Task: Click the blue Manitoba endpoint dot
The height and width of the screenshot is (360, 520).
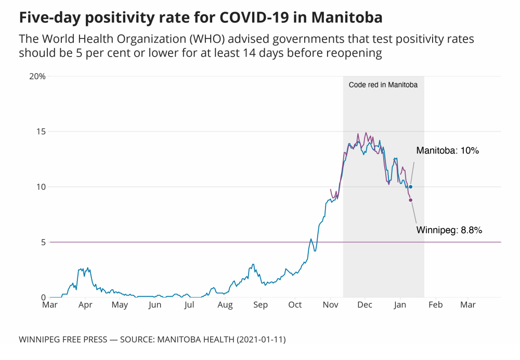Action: pyautogui.click(x=411, y=187)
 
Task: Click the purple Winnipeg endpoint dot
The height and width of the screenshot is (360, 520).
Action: pyautogui.click(x=411, y=200)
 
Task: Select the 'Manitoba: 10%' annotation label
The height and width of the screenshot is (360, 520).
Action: pyautogui.click(x=447, y=151)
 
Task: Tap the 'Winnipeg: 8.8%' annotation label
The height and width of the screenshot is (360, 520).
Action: pyautogui.click(x=449, y=229)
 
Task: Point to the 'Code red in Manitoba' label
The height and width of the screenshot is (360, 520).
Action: pyautogui.click(x=383, y=85)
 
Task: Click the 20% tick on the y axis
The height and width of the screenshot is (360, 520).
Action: pyautogui.click(x=37, y=76)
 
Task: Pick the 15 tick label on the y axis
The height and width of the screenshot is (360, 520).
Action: pyautogui.click(x=41, y=132)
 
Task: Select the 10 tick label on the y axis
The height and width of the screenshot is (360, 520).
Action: pyautogui.click(x=41, y=187)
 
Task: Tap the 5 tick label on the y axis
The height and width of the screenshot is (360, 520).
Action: pyautogui.click(x=43, y=242)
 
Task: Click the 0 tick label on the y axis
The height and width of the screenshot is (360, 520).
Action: pyautogui.click(x=43, y=297)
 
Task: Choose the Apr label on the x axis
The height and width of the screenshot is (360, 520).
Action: pyautogui.click(x=85, y=305)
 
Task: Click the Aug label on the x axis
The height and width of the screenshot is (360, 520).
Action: pyautogui.click(x=225, y=305)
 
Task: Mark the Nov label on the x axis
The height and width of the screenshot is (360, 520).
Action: pyautogui.click(x=331, y=305)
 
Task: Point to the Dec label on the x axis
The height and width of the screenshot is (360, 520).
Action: pyautogui.click(x=365, y=305)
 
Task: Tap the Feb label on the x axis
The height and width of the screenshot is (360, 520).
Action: pyautogui.click(x=435, y=305)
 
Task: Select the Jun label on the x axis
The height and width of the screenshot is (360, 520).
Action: pyautogui.click(x=154, y=305)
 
